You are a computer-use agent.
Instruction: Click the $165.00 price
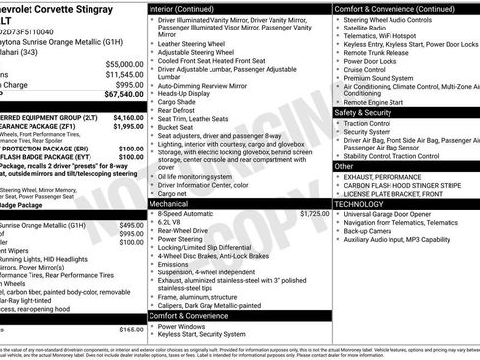[132, 329]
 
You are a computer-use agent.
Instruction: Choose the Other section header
[345, 166]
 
